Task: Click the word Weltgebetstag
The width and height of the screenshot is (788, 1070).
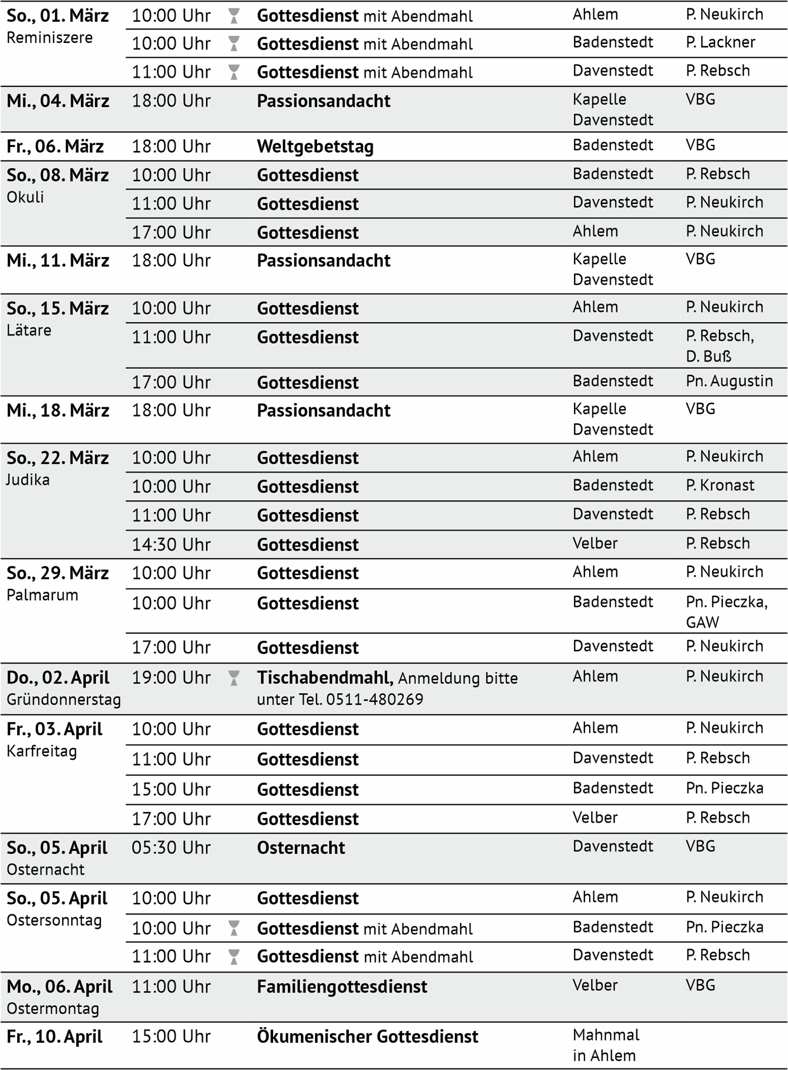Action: pos(315,147)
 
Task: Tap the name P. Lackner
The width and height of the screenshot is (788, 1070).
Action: pos(720,42)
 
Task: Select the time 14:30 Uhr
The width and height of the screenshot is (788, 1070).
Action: pos(171,544)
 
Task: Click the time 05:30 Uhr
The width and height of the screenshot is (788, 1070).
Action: pos(171,848)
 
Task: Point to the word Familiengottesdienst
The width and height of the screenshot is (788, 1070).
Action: pos(342,987)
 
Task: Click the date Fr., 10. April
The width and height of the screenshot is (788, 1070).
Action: pos(55,1037)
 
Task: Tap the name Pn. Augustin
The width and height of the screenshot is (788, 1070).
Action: pos(729,381)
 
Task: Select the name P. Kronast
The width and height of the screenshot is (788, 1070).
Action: pos(719,485)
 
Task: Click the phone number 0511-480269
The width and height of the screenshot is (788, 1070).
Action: pos(374,699)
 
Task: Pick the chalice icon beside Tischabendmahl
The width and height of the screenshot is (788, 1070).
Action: pos(234,678)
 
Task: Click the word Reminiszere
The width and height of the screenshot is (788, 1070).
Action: pos(50,38)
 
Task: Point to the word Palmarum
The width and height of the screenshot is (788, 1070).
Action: pos(42,595)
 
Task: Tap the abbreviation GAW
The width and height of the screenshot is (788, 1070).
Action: pos(702,622)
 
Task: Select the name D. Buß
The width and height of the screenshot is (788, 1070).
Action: pos(708,356)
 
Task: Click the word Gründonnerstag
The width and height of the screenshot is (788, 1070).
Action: pos(64,699)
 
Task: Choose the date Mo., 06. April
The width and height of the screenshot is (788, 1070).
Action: pos(60,987)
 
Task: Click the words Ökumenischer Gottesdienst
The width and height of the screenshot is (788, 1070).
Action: pos(367,1037)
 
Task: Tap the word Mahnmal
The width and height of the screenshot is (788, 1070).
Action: pos(606,1035)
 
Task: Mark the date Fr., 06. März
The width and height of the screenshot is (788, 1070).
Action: pos(55,147)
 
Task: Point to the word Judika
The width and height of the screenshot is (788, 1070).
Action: pos(28,480)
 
